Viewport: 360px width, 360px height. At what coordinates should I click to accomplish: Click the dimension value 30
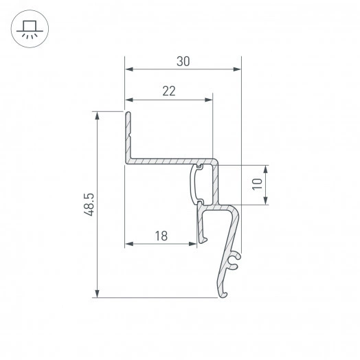pyautogui.click(x=183, y=61)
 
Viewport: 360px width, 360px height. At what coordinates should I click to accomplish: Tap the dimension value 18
pyautogui.click(x=161, y=236)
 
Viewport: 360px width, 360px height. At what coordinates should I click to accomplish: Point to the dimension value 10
pyautogui.click(x=256, y=184)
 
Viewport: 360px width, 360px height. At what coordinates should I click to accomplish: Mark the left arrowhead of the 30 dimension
pyautogui.click(x=128, y=69)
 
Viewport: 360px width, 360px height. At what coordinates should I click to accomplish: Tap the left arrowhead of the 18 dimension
pyautogui.click(x=128, y=244)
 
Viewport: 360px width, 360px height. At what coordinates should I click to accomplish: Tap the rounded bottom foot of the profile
pyautogui.click(x=223, y=295)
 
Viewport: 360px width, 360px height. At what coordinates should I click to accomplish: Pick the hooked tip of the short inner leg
pyautogui.click(x=203, y=240)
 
